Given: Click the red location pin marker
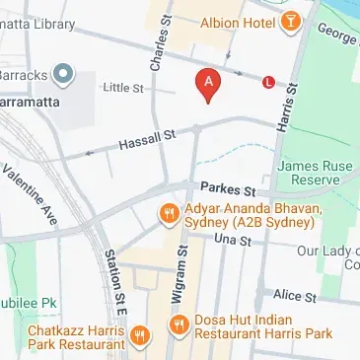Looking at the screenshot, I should point(207,85).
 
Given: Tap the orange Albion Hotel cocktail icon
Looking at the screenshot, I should point(292,22).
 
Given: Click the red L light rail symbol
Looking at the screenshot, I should point(267,83).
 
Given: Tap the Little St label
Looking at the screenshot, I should point(125,89).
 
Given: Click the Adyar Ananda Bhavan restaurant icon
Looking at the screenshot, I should point(168,212).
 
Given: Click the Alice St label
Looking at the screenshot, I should point(295,295).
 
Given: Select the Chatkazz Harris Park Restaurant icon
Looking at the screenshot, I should point(140,335).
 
